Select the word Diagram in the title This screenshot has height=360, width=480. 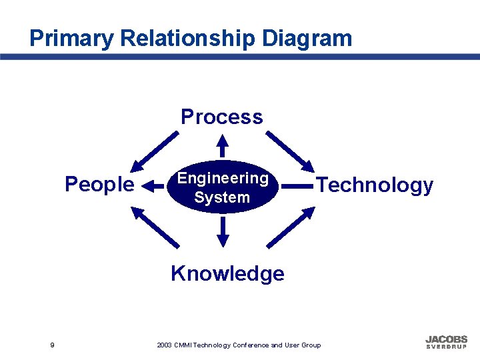coord(307,38)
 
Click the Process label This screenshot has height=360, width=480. coord(222,117)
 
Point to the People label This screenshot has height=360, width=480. coord(99,184)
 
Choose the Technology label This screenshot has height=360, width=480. coord(375,185)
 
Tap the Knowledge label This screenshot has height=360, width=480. coord(227,273)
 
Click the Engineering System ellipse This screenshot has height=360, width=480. coord(222,187)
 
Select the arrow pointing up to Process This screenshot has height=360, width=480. coord(223,147)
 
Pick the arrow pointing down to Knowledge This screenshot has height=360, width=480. coord(223,231)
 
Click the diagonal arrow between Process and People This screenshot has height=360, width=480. coord(155,151)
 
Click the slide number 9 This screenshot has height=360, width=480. coord(52,345)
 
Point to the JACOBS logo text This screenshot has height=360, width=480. coord(447,339)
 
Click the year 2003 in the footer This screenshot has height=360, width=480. coord(164,345)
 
